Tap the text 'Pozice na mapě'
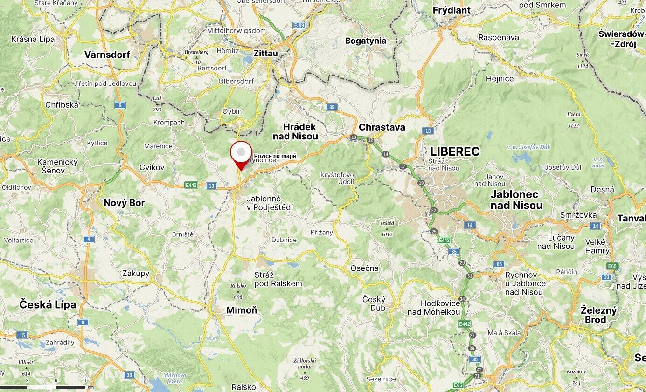click(275, 156)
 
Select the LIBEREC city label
click(455, 151)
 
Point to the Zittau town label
click(265, 54)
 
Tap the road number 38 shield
click(129, 375)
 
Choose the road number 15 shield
click(22, 335)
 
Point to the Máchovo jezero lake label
click(174, 378)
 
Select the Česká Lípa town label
click(48, 305)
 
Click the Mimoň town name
click(241, 310)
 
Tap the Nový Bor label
click(124, 203)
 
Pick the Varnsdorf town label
click(107, 55)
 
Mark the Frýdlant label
click(452, 10)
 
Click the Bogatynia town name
click(366, 41)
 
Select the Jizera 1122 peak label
click(574, 120)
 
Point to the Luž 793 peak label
click(157, 103)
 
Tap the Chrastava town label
click(382, 127)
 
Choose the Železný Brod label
click(598, 315)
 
